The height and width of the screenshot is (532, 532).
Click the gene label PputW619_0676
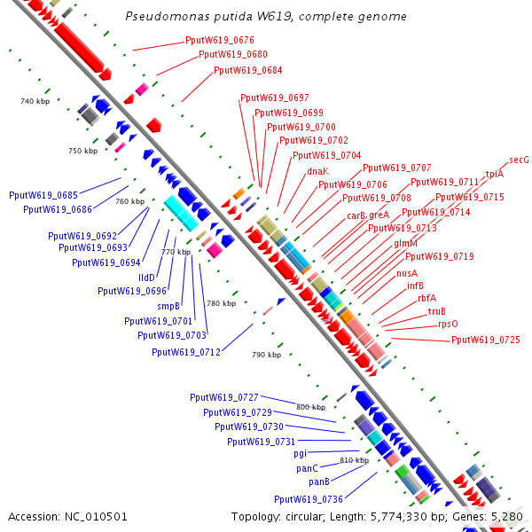(x=220, y=40)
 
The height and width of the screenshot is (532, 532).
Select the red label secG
(x=519, y=160)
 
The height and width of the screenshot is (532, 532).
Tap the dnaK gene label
(x=318, y=171)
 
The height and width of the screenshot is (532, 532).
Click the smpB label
(x=169, y=306)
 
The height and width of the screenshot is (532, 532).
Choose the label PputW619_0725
(x=486, y=340)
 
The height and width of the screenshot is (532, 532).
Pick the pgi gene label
(x=300, y=453)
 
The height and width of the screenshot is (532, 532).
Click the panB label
(x=319, y=481)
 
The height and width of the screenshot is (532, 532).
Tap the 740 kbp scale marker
(x=33, y=102)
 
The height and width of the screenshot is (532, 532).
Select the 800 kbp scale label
(x=310, y=407)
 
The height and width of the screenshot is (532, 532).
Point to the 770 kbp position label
(x=176, y=252)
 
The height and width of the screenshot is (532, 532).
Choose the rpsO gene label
(x=449, y=325)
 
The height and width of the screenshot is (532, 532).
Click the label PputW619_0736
(x=309, y=498)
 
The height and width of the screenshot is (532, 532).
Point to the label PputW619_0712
(x=186, y=352)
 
